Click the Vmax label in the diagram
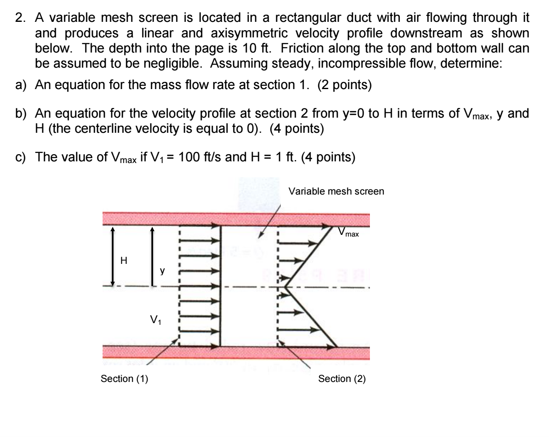349,232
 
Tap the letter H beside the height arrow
124,261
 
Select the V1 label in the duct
155,321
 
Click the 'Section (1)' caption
124,379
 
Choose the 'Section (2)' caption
342,379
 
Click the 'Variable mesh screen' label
336,192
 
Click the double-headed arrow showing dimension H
112,256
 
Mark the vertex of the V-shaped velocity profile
285,287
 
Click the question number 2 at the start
19,18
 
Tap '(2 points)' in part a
344,85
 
